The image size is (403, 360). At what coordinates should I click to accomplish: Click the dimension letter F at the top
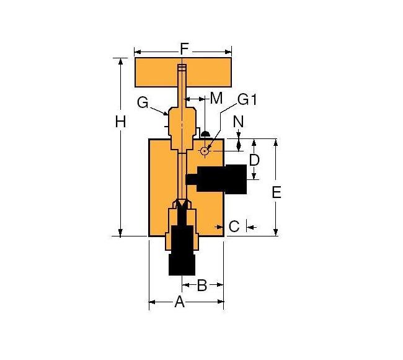coord(184,48)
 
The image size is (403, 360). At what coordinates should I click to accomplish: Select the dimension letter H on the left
coord(121,122)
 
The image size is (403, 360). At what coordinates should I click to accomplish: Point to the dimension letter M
coord(216,98)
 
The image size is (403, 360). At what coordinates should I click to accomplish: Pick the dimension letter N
coord(239,122)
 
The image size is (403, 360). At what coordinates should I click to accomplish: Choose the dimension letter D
coord(254,160)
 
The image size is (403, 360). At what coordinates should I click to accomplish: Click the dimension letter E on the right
coord(277,192)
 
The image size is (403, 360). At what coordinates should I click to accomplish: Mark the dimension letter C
coord(234,227)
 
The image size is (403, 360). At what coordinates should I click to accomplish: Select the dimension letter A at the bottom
coord(180,302)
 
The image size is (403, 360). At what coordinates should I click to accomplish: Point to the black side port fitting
coord(223,179)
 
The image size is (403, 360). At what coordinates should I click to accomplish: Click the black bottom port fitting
coord(182,251)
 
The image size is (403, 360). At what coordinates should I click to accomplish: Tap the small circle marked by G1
coord(204,151)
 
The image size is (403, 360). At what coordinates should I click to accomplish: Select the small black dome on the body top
coord(205,133)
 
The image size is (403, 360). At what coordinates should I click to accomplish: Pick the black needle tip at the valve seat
coord(182,207)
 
